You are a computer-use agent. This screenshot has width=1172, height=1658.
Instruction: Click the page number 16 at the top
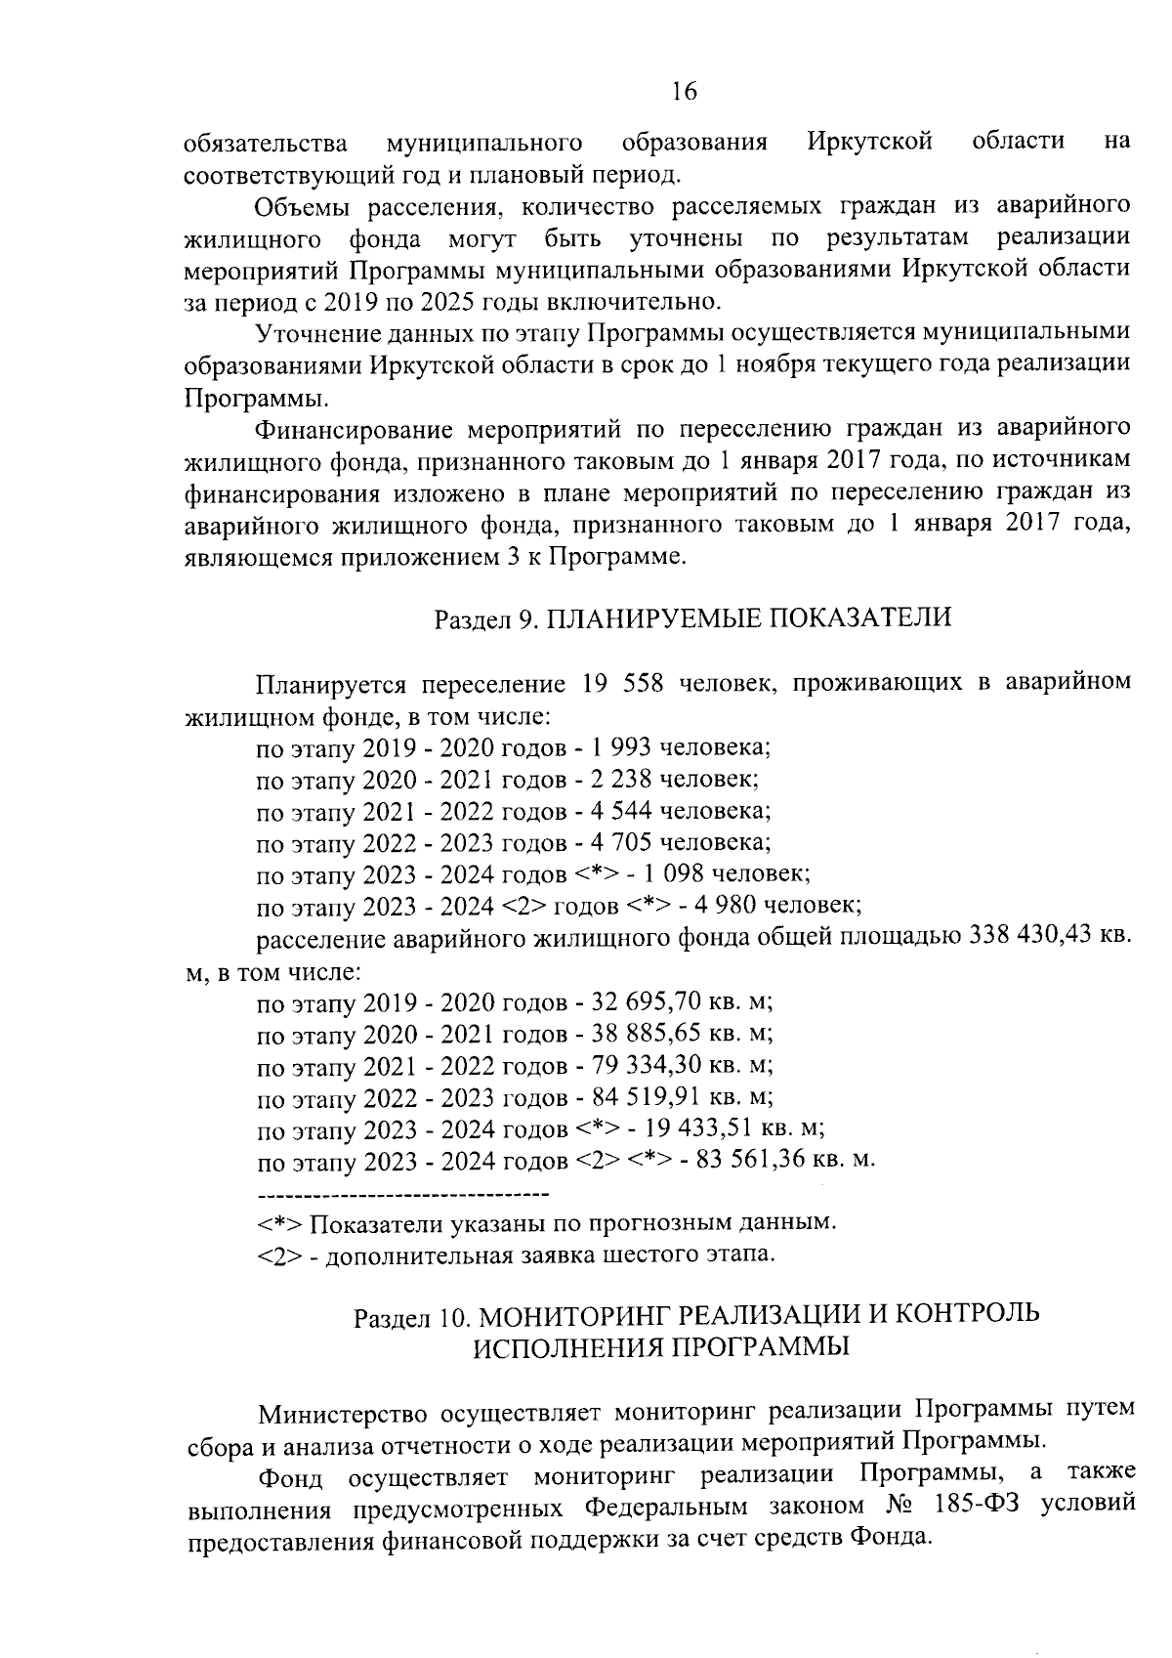click(684, 91)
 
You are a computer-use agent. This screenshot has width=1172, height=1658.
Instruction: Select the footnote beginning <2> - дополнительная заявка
click(518, 1254)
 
